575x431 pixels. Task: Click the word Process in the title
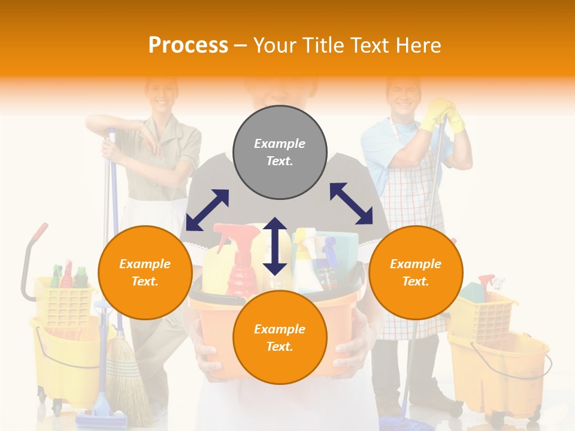pos(188,45)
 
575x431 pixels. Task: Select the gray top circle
pos(280,152)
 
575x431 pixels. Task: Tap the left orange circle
pos(145,272)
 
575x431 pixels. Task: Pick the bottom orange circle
pos(280,338)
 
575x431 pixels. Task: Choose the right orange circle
pos(415,272)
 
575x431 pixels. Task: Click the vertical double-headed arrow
pos(275,246)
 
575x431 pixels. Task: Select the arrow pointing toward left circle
pos(207,210)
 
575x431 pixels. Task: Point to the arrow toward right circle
pos(351,204)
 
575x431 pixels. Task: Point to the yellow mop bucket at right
pos(503,365)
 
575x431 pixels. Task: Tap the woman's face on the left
pos(161,93)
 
